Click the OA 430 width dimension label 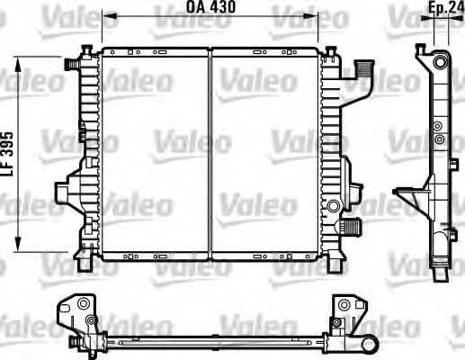tap(206, 7)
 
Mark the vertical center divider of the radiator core tap(210, 153)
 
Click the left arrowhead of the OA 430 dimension tap(104, 16)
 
